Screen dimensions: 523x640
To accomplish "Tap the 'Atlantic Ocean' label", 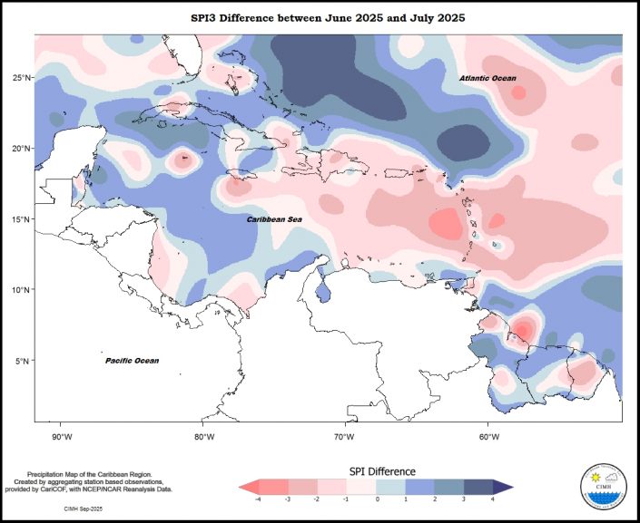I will (x=487, y=79).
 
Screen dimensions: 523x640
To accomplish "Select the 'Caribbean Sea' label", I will (x=275, y=219).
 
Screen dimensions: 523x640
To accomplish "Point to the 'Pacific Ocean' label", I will (x=132, y=361).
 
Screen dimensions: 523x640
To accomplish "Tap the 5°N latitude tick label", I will (x=25, y=361).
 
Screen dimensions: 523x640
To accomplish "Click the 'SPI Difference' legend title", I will (x=382, y=471).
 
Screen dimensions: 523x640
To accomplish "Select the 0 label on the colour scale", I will (x=377, y=499).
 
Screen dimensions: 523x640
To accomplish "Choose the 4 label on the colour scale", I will (x=493, y=499).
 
